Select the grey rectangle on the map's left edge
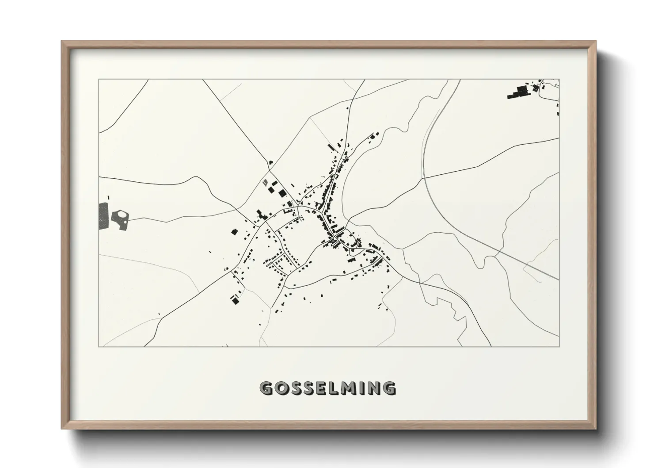tap(103, 215)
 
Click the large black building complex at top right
tap(519, 92)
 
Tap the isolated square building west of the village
tap(234, 231)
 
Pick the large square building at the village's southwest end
tap(235, 301)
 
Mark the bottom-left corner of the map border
tap(99, 347)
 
